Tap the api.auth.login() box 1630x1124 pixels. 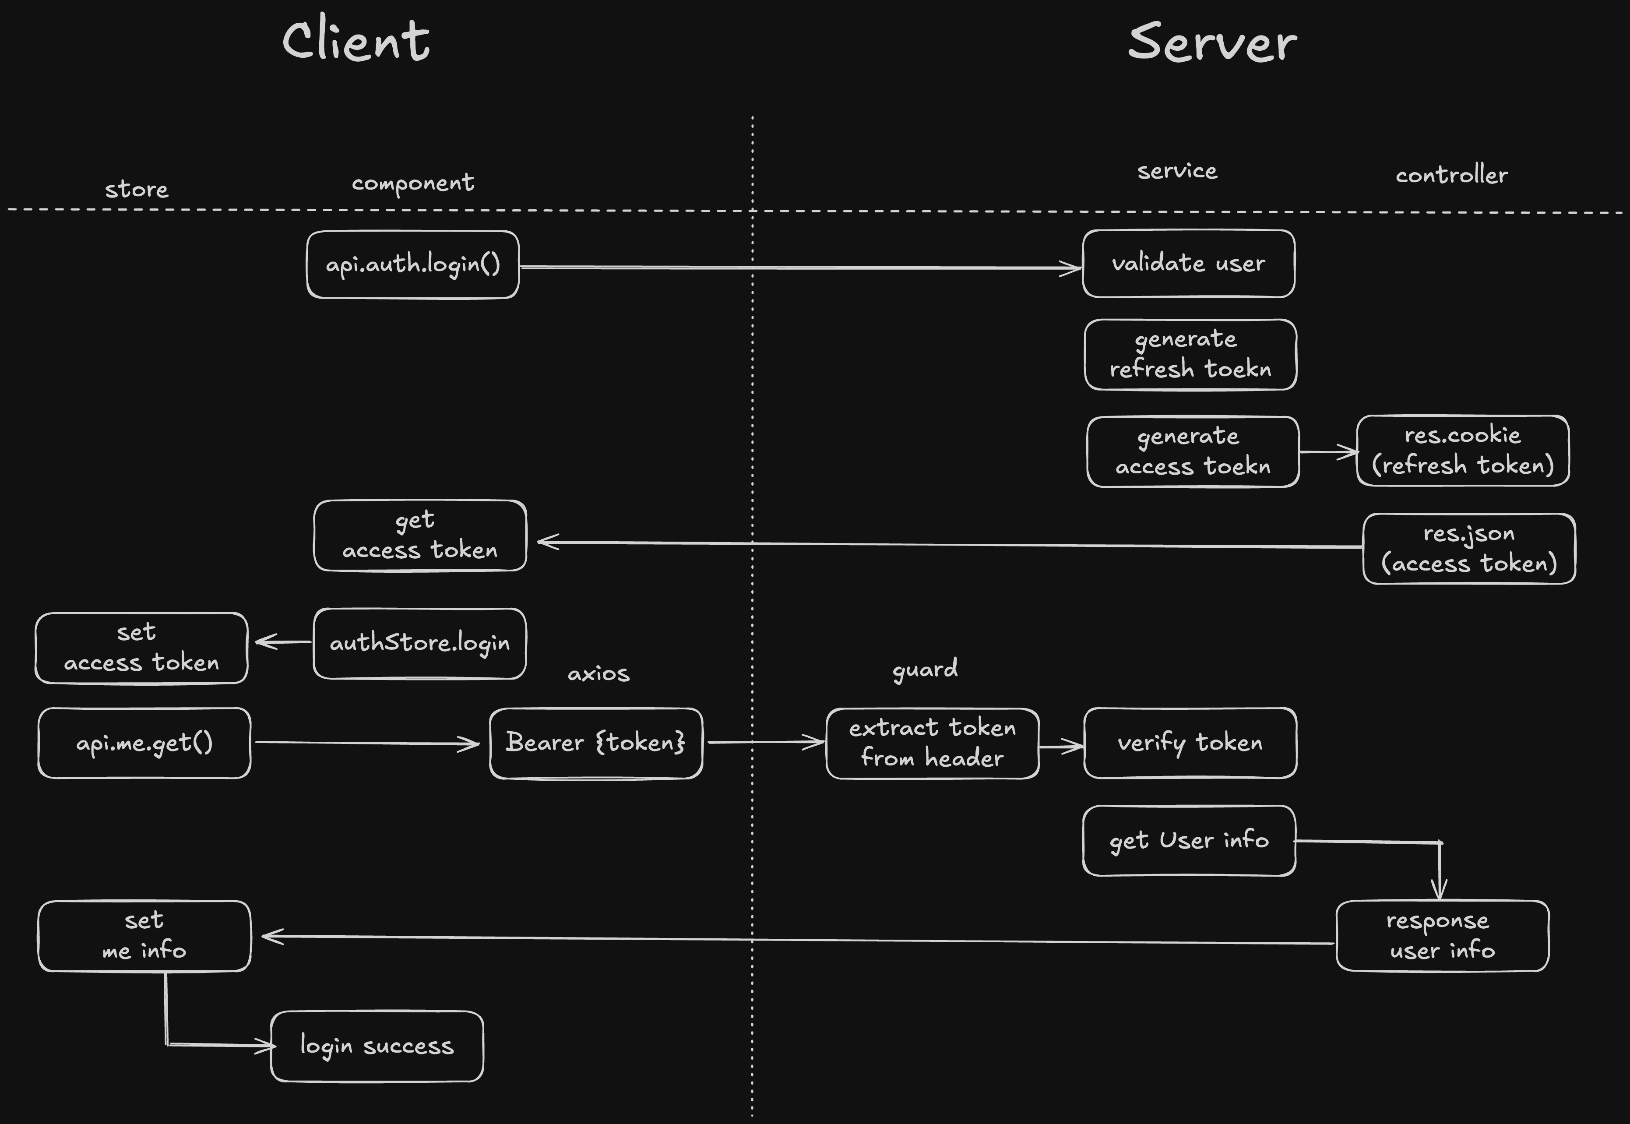coord(412,265)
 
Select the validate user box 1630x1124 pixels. coord(1189,264)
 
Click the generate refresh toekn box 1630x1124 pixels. coord(1190,354)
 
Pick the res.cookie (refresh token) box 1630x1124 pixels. coord(1462,451)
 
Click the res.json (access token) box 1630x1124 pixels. coord(1469,549)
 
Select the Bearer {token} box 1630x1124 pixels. coord(596,743)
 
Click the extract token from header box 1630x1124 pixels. coord(932,743)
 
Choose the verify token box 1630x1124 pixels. coord(1190,743)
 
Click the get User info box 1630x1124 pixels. coord(1189,840)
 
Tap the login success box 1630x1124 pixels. coord(377,1046)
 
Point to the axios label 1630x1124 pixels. coord(598,674)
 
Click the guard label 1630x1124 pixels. coord(925,668)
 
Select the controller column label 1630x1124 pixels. coord(1451,175)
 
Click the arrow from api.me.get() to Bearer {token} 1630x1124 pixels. coord(366,743)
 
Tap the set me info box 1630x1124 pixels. coord(144,936)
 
